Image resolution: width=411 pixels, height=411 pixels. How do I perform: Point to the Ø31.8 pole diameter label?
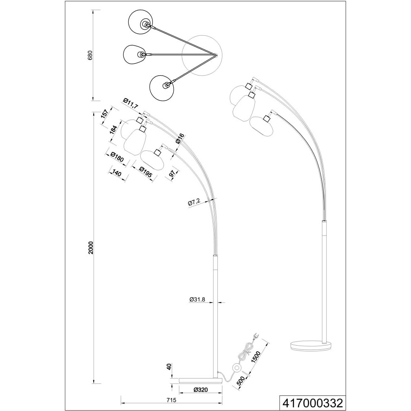197,300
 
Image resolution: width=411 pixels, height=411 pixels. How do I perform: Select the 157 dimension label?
104,114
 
